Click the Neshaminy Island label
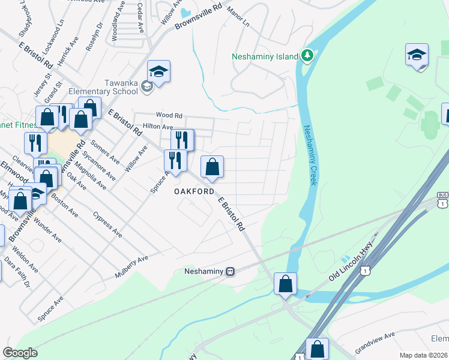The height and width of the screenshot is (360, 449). (265, 56)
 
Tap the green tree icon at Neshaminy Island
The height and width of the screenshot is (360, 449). (307, 56)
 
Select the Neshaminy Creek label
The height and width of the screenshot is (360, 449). (309, 155)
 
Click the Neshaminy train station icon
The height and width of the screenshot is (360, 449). (230, 271)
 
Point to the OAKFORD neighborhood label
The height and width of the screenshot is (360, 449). (194, 191)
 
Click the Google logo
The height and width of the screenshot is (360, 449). (20, 353)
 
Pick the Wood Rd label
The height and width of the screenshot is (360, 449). (169, 115)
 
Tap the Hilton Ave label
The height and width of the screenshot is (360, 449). (157, 127)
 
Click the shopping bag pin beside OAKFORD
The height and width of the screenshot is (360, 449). (212, 168)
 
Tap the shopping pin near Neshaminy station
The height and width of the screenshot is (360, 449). (286, 284)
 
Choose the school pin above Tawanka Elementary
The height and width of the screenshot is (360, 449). (159, 72)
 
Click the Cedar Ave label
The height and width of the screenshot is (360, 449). (140, 18)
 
